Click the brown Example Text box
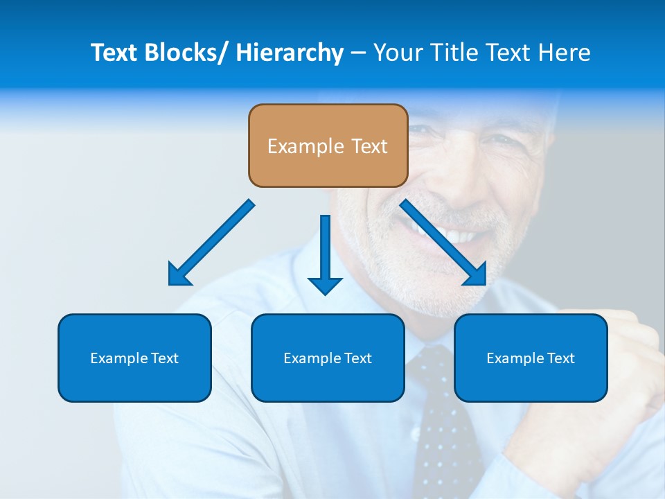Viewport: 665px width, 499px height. [328, 146]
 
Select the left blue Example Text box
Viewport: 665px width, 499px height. [134, 358]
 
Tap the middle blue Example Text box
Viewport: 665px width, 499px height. [328, 358]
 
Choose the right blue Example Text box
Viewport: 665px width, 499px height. [531, 358]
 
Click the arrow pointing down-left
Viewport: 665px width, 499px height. [211, 243]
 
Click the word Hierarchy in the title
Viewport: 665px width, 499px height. [290, 53]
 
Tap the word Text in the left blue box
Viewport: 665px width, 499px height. [163, 358]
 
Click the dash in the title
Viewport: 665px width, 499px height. [358, 53]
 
